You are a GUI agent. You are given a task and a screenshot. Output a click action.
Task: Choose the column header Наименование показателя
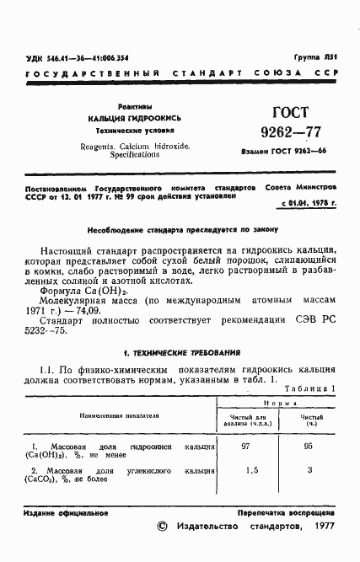[x=120, y=415]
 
